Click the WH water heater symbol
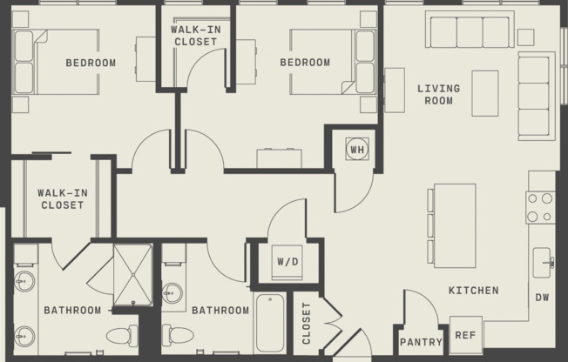356,148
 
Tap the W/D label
287,261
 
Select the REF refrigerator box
465,334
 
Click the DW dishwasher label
542,298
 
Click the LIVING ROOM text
438,94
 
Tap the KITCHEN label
473,291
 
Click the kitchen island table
454,225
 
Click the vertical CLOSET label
306,324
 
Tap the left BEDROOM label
91,63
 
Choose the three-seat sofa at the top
470,31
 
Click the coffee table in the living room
484,92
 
